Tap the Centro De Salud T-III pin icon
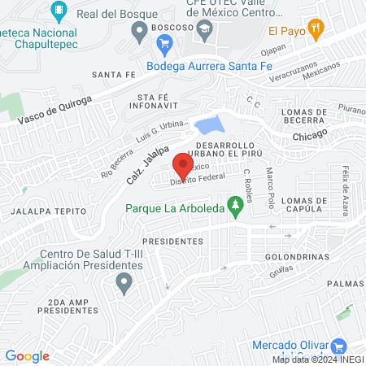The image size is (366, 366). [x=124, y=284]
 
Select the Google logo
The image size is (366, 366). [x=27, y=355]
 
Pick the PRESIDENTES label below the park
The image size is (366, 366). [x=172, y=242]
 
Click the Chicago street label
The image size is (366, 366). [x=309, y=134]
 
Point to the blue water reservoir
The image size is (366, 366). [x=207, y=125]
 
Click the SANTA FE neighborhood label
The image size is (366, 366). [x=113, y=74]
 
